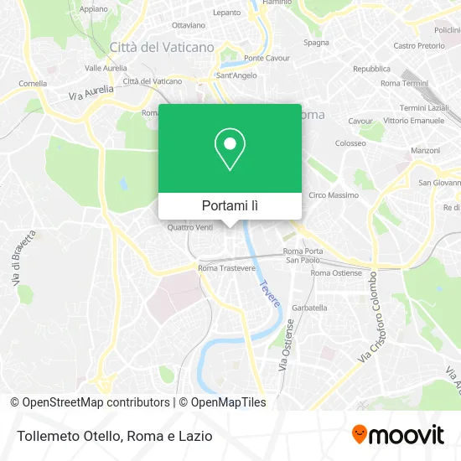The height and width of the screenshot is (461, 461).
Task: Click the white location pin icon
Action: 230,148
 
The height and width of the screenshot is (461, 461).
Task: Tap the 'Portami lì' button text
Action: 230,205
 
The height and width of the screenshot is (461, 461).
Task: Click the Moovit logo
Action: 397,435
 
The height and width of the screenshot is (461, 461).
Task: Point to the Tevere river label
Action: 269,294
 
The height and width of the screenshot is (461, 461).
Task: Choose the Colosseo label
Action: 350,143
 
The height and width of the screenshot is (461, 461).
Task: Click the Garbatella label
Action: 309,308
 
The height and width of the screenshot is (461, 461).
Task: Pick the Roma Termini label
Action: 404,84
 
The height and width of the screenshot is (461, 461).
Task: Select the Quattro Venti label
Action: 190,227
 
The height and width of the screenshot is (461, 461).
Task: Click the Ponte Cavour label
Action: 266,58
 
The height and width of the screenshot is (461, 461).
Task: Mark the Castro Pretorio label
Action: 417,45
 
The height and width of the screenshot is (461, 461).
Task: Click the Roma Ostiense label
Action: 336,273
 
